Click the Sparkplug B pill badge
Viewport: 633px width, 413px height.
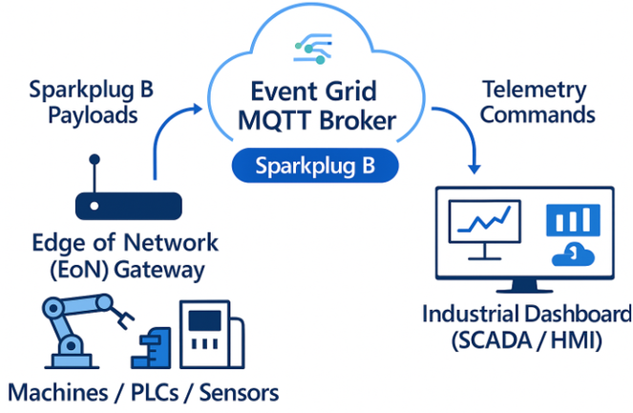point(315,165)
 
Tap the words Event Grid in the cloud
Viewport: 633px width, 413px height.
point(314,92)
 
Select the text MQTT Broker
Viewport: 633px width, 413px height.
point(317,120)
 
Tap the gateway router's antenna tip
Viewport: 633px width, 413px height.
point(95,160)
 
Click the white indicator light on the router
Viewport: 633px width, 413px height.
point(95,206)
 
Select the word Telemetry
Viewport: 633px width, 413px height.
point(535,91)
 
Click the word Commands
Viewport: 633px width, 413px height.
point(538,115)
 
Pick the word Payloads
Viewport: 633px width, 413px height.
point(93,116)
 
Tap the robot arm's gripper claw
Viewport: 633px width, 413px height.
point(122,317)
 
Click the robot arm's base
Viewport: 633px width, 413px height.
point(71,360)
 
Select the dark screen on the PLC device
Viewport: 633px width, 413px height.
point(205,320)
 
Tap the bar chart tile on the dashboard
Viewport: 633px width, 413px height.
point(573,220)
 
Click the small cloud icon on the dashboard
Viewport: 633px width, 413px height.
point(573,254)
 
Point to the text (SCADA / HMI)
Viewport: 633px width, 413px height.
point(526,341)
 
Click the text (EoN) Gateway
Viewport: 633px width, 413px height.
point(127,271)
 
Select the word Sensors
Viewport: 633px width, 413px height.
point(239,393)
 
